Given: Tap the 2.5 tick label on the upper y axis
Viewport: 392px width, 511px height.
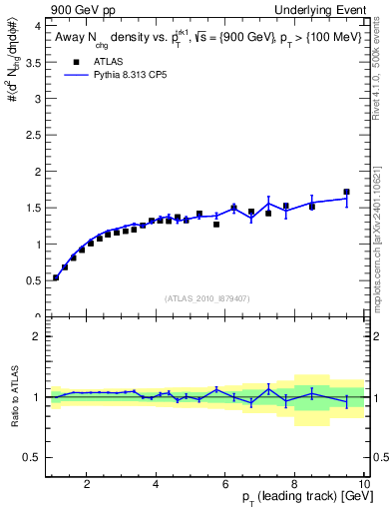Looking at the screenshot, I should (32, 135).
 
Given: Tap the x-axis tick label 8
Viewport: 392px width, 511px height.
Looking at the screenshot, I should (294, 486).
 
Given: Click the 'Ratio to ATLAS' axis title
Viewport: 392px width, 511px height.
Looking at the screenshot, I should (13, 397).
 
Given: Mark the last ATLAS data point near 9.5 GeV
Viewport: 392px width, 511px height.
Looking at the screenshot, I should (346, 192).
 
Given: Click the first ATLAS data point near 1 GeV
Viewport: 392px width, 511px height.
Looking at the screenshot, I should (56, 277).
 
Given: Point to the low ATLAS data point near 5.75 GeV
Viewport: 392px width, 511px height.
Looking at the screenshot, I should (216, 225).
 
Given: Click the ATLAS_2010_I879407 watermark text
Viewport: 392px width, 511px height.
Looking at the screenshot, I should (206, 298).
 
